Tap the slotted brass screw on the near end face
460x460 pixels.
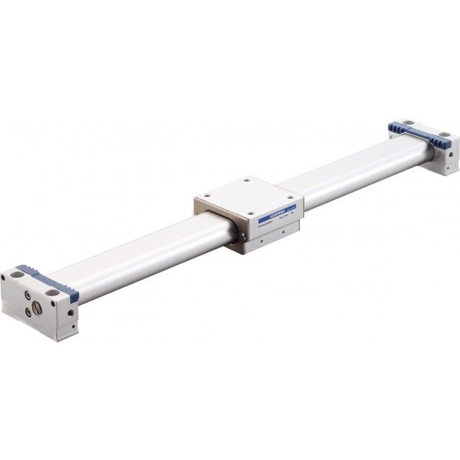point(37,309)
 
